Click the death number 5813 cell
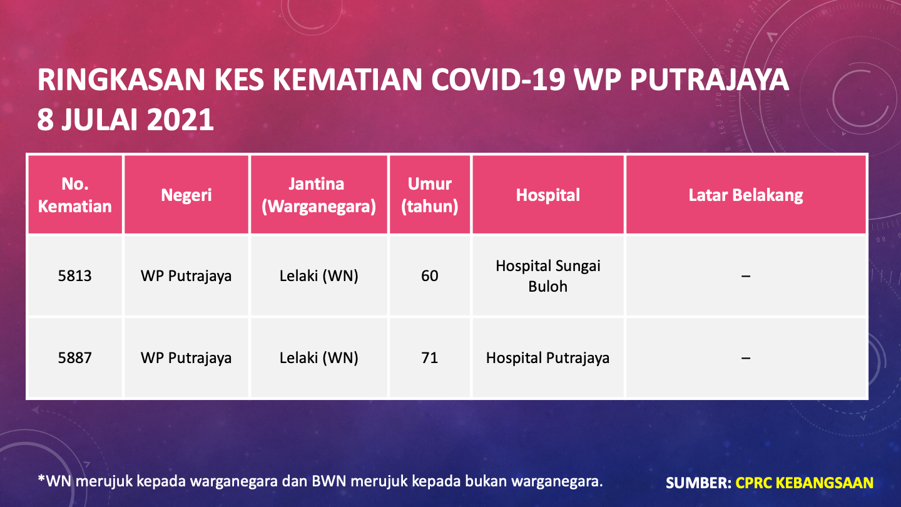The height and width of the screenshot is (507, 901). point(75,276)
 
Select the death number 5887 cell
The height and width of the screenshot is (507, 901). point(75,358)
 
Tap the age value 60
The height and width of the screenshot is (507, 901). point(430,276)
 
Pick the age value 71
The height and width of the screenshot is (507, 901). point(430,358)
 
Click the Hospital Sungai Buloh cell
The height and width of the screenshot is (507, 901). point(548,276)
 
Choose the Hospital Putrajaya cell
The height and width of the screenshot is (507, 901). point(548,358)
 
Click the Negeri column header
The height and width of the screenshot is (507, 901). point(186,195)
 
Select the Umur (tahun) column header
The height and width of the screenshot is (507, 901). point(430,195)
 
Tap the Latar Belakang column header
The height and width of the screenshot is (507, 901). point(746,195)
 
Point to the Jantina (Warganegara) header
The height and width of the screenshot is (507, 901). point(318,195)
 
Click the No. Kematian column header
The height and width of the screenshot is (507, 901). point(75,195)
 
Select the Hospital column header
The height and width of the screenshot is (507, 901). point(548,195)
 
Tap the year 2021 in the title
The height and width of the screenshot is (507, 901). point(180,120)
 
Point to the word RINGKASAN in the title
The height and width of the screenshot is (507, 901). point(121,79)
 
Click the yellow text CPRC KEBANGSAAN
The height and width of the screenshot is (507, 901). point(805,483)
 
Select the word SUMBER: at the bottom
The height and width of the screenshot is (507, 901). point(698,483)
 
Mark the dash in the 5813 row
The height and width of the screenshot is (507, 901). point(746,276)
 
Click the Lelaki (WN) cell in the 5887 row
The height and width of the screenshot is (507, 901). point(318,358)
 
